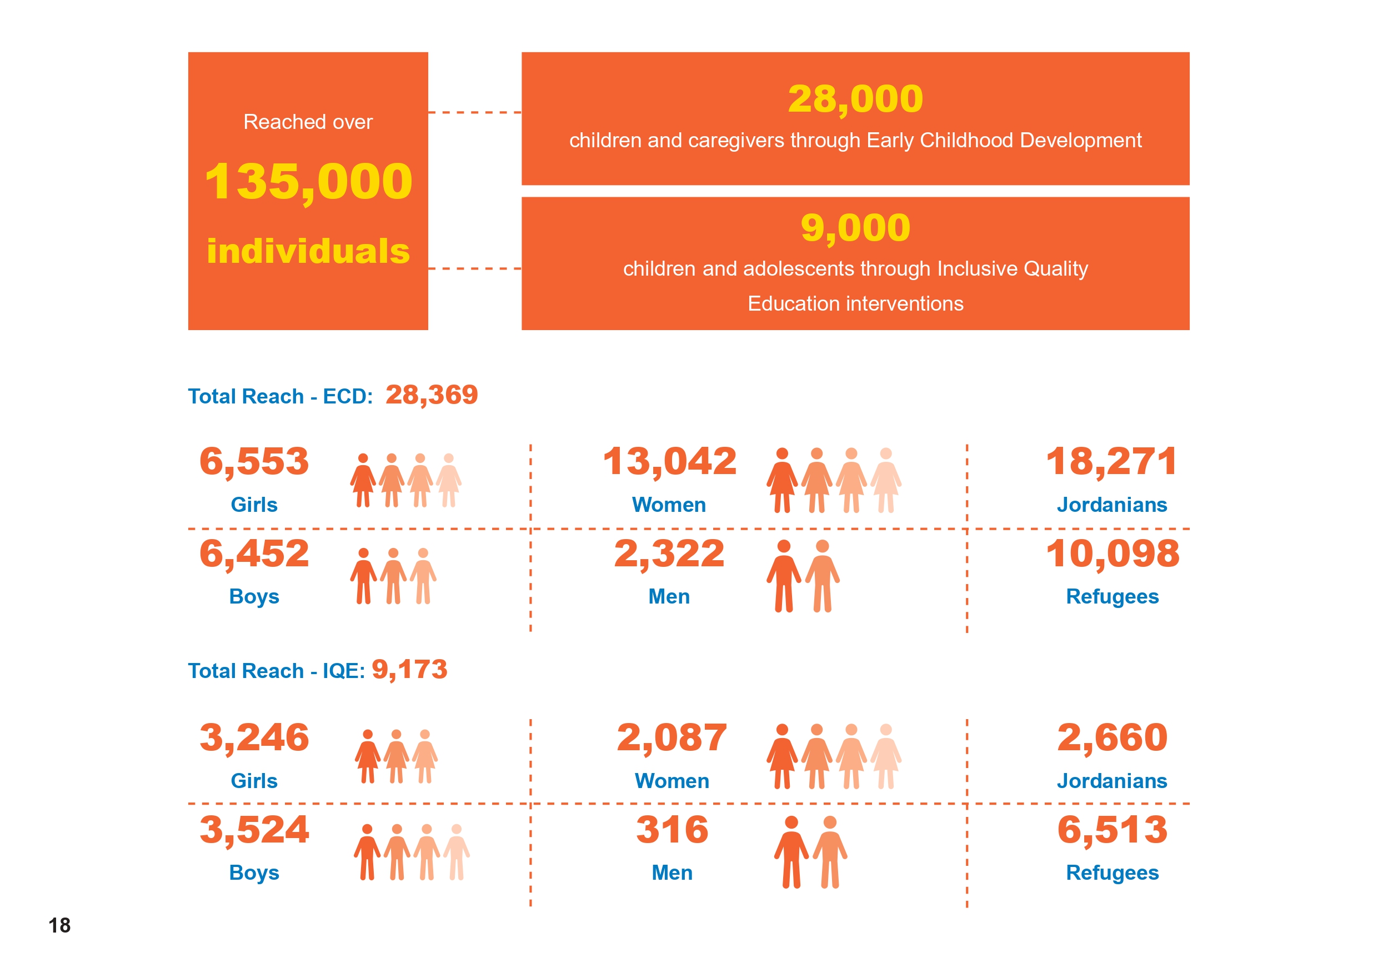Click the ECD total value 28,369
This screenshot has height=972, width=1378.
point(432,395)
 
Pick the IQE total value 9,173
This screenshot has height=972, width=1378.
point(409,670)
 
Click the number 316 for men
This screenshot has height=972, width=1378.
point(672,830)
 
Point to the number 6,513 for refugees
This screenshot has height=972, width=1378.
point(1112,830)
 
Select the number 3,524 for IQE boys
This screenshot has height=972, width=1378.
point(254,830)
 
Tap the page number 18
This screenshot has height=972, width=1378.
point(59,925)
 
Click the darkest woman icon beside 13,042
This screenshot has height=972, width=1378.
point(782,480)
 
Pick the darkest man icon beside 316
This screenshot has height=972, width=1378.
point(791,853)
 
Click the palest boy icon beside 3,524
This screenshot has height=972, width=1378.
point(457,853)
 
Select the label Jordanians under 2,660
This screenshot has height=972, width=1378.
point(1111,780)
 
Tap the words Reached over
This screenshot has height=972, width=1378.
point(308,122)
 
